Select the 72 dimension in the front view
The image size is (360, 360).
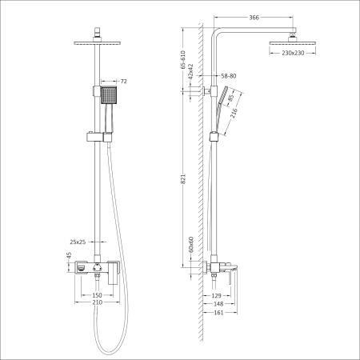coord(123,82)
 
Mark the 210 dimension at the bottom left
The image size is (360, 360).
coord(97,304)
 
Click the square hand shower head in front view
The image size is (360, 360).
coord(110,97)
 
